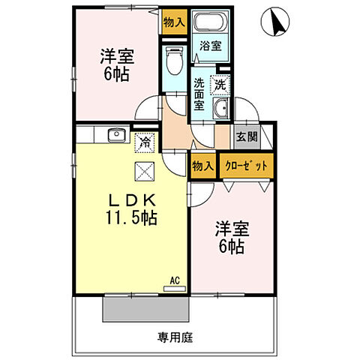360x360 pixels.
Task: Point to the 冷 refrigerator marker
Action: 142,140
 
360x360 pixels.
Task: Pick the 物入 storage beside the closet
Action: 202,165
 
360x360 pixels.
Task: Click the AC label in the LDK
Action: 174,280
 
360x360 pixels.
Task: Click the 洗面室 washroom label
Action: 199,94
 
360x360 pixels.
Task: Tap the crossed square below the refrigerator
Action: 142,170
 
